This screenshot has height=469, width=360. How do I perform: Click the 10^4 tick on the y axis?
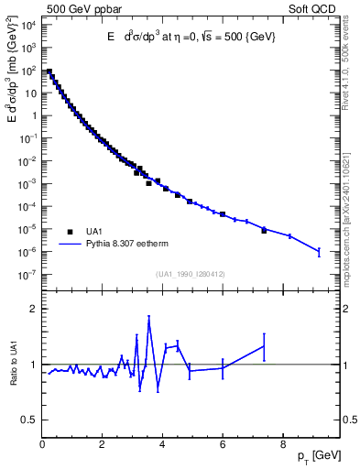coord(28,25)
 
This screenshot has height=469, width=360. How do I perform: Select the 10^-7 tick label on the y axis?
coord(28,274)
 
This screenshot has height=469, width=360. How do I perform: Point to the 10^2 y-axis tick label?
coord(28,71)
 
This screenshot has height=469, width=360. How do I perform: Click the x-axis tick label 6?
coord(223,447)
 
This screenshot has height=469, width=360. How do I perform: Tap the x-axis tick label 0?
coord(43,447)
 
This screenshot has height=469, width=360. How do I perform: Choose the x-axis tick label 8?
coord(282,447)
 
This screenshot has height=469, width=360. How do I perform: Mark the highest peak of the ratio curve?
coord(148,318)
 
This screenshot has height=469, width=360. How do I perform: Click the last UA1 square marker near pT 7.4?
coord(264,230)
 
